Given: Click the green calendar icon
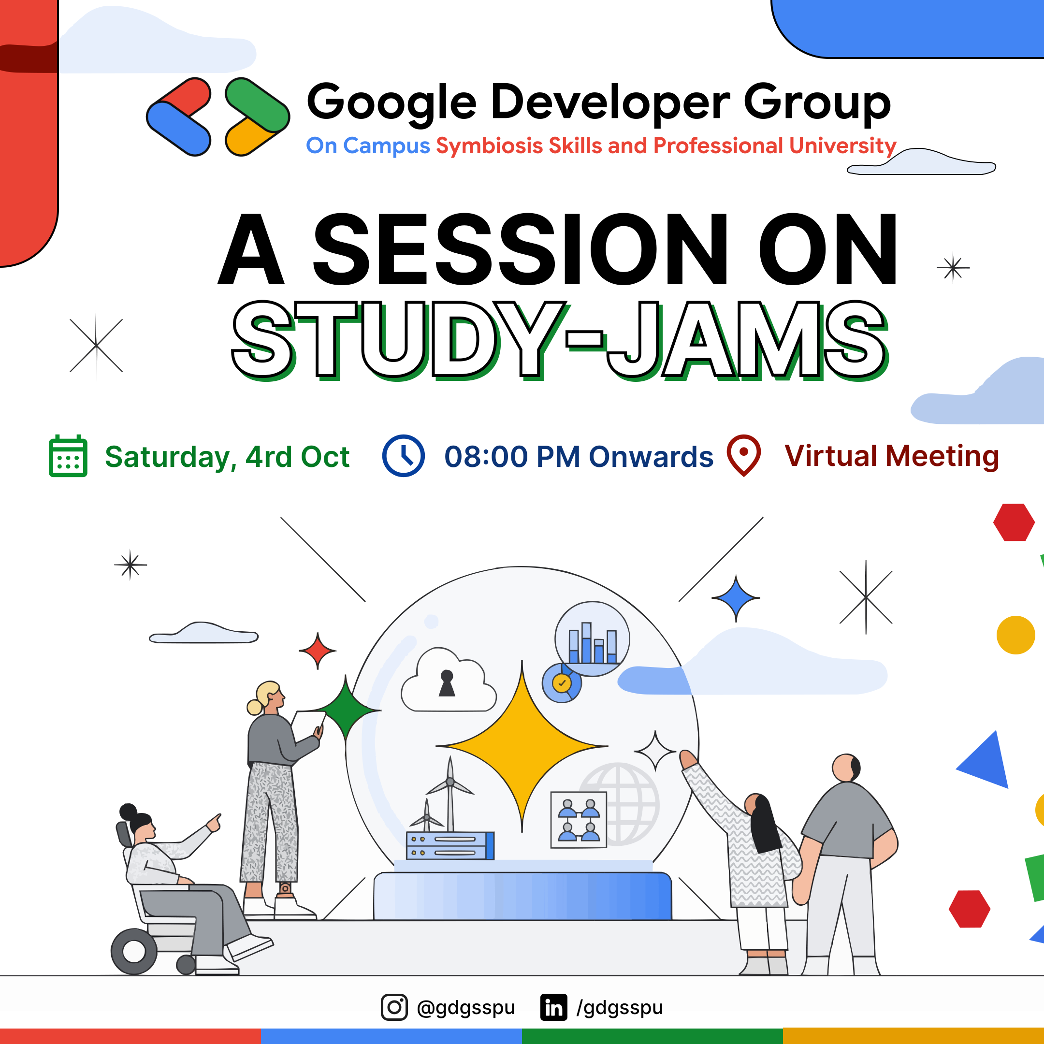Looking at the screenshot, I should (68, 456).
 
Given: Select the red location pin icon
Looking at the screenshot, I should (743, 454).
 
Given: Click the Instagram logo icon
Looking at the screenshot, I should (394, 1007).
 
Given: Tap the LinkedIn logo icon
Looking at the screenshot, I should (553, 1007).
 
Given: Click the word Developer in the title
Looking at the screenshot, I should (610, 102).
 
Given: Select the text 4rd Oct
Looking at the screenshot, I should (297, 457).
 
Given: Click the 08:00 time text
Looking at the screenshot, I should (485, 457).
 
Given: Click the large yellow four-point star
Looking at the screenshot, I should (522, 746).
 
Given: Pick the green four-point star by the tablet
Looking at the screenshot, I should (347, 710).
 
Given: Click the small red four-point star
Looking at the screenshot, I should (318, 651).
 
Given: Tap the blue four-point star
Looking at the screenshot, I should (736, 598).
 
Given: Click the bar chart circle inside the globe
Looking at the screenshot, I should (592, 638).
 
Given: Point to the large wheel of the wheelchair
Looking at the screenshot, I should (134, 951).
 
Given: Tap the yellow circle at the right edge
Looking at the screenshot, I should (1015, 635).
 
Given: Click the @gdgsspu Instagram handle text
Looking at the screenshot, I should (466, 1008).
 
